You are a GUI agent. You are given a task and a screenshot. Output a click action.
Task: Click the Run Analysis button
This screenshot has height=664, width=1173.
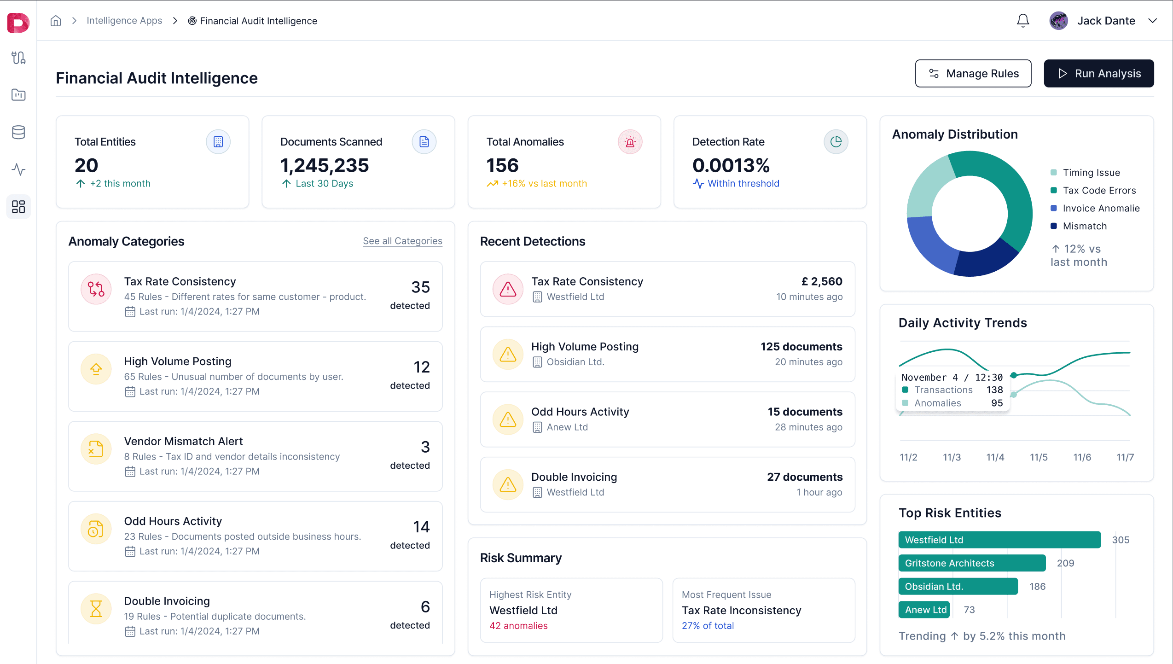click(x=1098, y=74)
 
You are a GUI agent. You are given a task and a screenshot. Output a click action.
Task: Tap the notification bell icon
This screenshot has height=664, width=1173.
click(x=1023, y=21)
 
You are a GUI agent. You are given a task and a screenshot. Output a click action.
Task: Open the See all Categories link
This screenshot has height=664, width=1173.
click(x=402, y=241)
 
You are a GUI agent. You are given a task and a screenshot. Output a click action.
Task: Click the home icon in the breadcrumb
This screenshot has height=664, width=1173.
click(x=56, y=21)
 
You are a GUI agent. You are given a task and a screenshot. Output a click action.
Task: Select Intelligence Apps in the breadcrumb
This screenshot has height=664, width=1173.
click(x=124, y=21)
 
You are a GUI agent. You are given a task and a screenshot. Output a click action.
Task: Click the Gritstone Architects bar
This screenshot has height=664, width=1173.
click(x=971, y=563)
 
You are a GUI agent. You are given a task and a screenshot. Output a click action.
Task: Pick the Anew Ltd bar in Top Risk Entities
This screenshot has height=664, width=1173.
click(x=924, y=610)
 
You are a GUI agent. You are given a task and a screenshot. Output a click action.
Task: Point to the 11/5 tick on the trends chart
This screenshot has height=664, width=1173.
click(x=1039, y=457)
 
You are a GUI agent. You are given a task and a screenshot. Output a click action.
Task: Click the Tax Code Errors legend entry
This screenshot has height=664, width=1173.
click(x=1099, y=191)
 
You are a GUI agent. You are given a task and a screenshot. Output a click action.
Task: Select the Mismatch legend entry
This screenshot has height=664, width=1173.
click(x=1084, y=226)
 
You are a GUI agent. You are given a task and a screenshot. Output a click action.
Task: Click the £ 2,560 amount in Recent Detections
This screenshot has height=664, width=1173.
click(x=822, y=281)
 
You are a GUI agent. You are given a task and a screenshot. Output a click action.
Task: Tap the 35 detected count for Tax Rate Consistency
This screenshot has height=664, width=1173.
click(x=420, y=287)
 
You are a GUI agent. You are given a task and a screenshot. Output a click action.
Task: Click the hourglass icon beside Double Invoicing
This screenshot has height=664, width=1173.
click(x=96, y=609)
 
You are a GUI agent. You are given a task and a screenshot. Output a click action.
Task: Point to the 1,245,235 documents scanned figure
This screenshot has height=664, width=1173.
click(x=325, y=165)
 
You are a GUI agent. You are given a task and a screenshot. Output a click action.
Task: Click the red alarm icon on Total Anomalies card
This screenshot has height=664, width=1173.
click(x=630, y=142)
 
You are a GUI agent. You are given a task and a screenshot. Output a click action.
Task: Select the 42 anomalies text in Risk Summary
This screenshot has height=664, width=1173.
click(x=518, y=626)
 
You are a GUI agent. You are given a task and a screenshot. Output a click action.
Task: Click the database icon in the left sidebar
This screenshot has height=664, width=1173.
click(x=18, y=132)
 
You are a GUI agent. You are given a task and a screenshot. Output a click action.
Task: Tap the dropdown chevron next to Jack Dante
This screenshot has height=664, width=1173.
click(x=1152, y=21)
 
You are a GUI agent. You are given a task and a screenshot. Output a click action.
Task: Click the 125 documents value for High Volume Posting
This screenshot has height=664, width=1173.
click(x=801, y=347)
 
